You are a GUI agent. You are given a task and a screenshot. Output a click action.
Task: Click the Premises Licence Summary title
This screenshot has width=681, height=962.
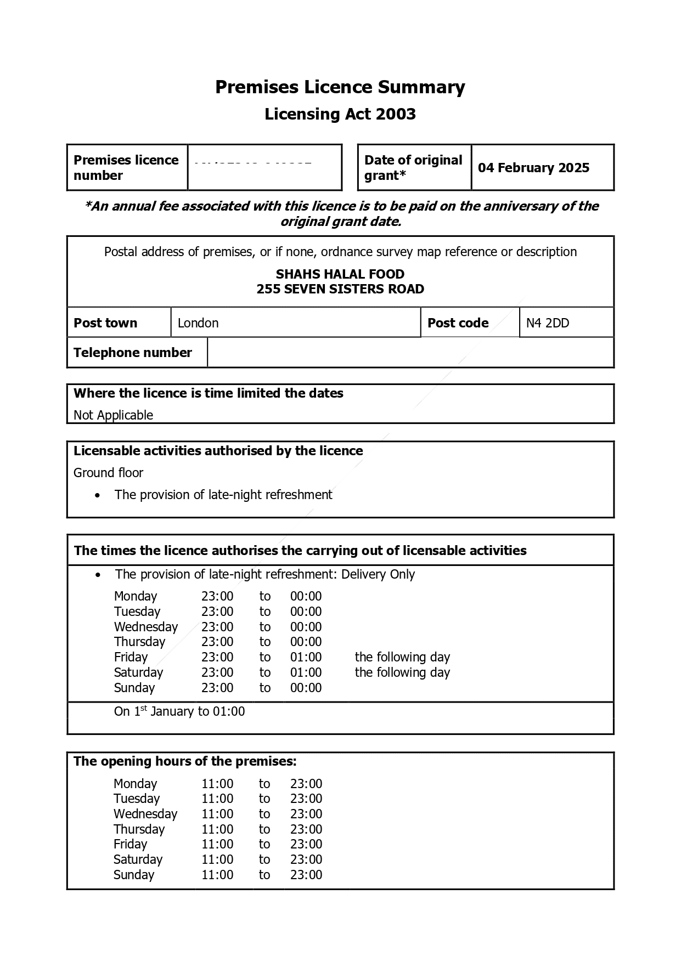340,87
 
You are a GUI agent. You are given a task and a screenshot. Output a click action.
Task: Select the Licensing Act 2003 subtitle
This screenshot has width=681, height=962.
340,114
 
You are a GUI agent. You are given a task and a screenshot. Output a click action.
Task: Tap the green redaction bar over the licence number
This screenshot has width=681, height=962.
256,169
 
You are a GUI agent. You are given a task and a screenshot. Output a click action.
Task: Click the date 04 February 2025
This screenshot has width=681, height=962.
533,168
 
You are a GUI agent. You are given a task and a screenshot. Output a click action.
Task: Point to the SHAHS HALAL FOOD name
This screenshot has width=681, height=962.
340,274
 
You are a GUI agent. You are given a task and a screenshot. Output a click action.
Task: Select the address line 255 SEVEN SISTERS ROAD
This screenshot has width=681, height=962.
340,289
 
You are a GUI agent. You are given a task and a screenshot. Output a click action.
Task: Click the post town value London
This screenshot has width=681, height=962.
198,323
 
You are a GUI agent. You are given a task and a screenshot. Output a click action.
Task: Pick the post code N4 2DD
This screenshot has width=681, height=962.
547,323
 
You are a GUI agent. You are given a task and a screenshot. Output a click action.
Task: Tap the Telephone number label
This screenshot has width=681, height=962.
133,353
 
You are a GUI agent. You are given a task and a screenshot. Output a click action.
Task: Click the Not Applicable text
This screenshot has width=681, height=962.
113,415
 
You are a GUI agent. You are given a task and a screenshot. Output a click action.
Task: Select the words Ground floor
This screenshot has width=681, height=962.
108,473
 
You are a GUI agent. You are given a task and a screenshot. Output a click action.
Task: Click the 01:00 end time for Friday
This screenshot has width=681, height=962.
306,657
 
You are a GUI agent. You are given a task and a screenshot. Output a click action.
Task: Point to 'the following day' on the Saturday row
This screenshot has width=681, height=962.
402,672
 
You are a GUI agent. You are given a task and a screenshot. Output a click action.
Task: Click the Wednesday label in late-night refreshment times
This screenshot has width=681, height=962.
146,627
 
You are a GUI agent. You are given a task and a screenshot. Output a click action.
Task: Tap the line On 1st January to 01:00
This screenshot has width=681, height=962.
179,711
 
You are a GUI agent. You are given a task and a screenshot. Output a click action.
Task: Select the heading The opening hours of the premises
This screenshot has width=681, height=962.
185,761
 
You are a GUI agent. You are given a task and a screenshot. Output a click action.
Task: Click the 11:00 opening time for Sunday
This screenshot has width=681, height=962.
217,875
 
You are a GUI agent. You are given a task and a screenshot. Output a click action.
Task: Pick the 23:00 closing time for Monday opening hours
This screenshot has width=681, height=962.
306,784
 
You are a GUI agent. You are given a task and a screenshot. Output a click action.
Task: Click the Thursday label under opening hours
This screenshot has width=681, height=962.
139,829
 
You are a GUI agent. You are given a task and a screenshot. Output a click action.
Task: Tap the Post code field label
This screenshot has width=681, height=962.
458,323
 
